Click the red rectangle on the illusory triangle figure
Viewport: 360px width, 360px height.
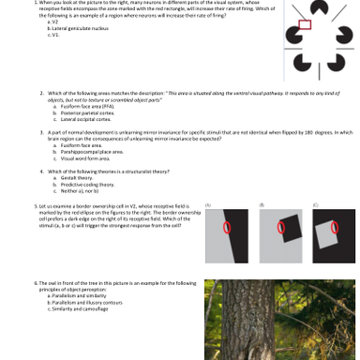(304, 25)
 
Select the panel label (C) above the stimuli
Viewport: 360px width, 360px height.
(315, 204)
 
